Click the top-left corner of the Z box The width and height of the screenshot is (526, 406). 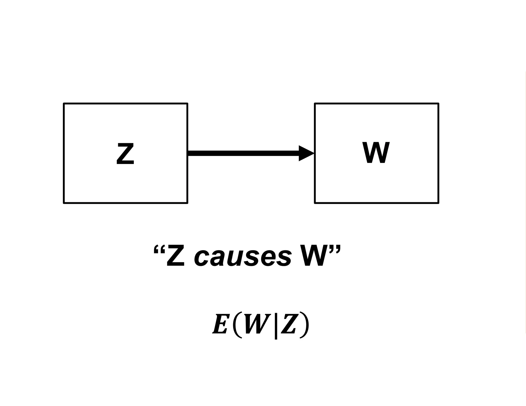(64, 104)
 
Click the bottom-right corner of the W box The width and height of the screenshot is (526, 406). (438, 203)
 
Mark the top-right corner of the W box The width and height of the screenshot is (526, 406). (438, 104)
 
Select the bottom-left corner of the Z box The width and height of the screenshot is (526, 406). (64, 203)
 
